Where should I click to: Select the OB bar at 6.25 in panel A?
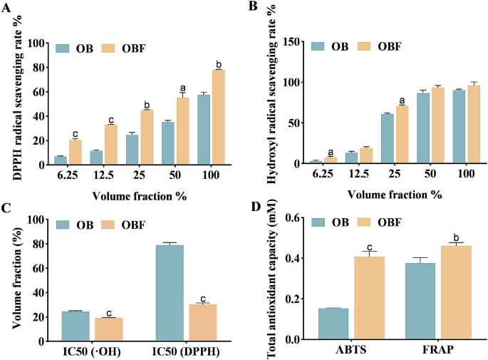coord(61,160)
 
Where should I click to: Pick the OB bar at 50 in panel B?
coord(425,128)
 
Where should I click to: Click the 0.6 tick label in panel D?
coord(291,218)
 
